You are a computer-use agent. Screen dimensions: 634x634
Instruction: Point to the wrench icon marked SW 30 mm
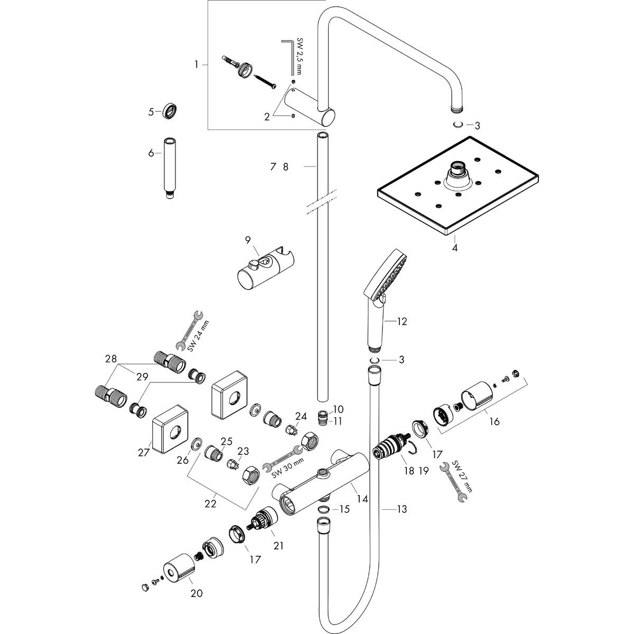[283, 458]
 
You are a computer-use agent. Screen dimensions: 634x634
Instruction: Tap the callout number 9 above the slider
[248, 240]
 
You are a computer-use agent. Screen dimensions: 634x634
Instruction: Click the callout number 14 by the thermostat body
[362, 498]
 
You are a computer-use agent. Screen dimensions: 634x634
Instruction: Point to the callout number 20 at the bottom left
[196, 593]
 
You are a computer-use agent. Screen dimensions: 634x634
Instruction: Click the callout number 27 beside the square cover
[144, 452]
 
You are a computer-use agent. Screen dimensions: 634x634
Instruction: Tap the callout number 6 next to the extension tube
[151, 153]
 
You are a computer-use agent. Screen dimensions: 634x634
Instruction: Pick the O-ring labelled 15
[324, 509]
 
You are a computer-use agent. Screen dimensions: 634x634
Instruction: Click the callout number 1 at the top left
[196, 64]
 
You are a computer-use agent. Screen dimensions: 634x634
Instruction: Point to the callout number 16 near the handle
[494, 422]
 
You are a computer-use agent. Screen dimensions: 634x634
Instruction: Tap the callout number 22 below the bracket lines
[210, 504]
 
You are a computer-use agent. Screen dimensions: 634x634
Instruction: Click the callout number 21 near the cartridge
[278, 546]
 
